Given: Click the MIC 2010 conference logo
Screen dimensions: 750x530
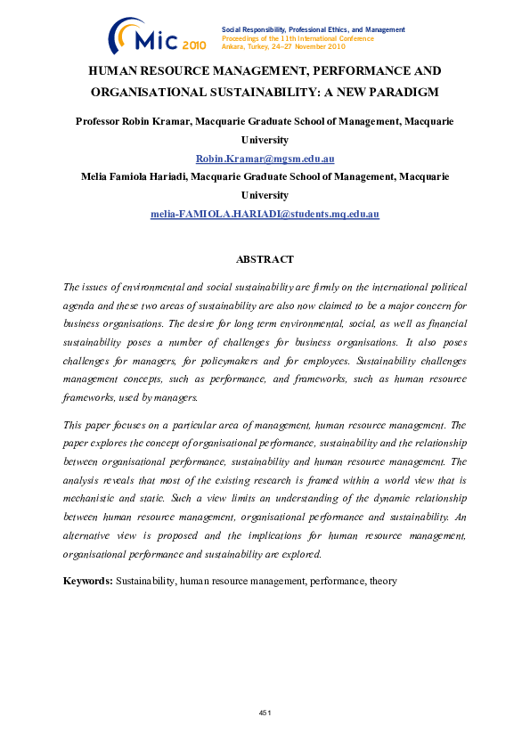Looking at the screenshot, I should click(x=157, y=37).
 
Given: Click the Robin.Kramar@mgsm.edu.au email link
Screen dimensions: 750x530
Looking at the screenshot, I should click(x=265, y=159).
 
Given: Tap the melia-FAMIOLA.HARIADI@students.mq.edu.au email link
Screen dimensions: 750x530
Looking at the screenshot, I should click(x=265, y=215).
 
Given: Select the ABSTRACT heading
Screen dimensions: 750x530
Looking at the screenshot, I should click(x=265, y=259).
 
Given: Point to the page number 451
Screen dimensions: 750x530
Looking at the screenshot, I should click(x=265, y=713).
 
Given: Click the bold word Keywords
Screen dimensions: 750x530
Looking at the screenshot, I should click(x=87, y=581).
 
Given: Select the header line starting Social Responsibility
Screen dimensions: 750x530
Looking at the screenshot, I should click(x=312, y=29).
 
